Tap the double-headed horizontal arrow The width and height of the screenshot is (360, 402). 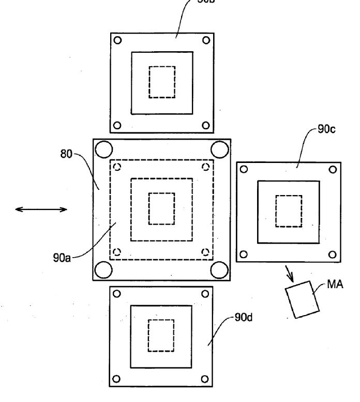tap(41, 209)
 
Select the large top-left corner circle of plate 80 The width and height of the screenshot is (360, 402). tap(104, 150)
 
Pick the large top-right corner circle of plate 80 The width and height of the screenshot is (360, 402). tap(220, 150)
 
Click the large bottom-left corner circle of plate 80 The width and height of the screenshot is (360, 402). tap(104, 270)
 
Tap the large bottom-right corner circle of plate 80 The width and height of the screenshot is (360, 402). tap(220, 270)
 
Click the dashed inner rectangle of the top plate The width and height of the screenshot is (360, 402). tap(162, 82)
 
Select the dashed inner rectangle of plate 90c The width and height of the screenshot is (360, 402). tap(288, 211)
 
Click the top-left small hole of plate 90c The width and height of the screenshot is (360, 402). tap(245, 168)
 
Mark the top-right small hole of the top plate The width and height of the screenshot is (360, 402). tap(206, 40)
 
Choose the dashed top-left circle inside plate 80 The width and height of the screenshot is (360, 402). tap(117, 167)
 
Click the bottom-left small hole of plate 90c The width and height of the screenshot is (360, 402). tap(245, 254)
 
